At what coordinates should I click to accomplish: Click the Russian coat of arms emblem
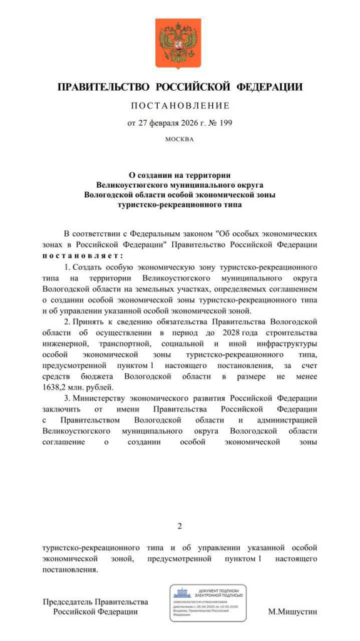point(180,43)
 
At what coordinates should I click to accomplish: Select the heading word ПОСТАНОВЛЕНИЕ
point(180,105)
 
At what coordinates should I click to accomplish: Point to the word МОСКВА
point(180,139)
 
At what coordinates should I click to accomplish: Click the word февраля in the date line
point(165,123)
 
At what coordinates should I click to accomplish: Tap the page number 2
point(180,526)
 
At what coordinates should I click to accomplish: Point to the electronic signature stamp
point(207,602)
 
